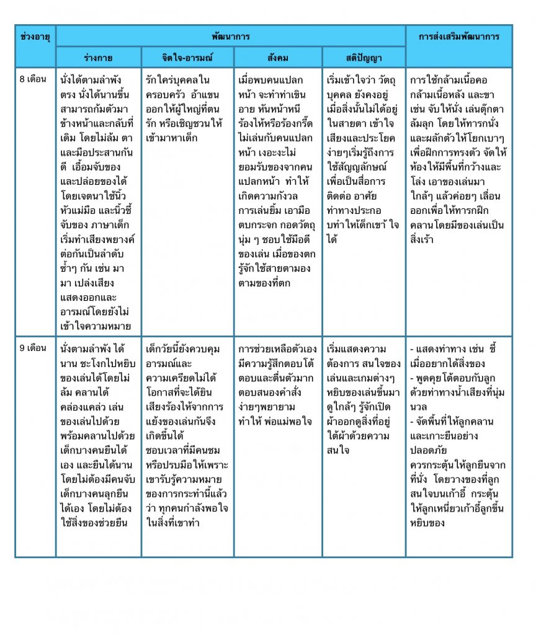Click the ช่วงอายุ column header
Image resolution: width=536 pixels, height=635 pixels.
coord(35,37)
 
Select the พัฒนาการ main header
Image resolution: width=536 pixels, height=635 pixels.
coord(230,37)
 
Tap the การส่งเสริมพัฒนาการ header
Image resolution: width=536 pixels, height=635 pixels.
coord(459,37)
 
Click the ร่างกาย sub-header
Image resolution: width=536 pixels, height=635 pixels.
coord(98,58)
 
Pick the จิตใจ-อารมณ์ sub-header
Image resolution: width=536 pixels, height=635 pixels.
coord(187,58)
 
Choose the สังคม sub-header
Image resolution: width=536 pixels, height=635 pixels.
coord(277,58)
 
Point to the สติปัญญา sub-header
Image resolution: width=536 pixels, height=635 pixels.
coord(364,58)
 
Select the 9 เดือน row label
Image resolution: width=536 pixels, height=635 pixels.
coord(33,348)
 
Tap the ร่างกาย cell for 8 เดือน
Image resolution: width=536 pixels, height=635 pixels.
coord(98,202)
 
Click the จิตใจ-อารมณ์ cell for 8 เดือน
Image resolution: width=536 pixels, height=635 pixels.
coord(187,109)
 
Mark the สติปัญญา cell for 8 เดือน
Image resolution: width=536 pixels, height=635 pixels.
coord(364,159)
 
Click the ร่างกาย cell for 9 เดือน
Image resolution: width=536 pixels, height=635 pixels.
coord(98,434)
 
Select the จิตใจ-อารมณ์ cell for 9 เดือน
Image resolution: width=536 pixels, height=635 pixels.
coord(187,434)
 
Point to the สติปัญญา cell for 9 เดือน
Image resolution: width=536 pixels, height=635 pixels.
coord(364,397)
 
